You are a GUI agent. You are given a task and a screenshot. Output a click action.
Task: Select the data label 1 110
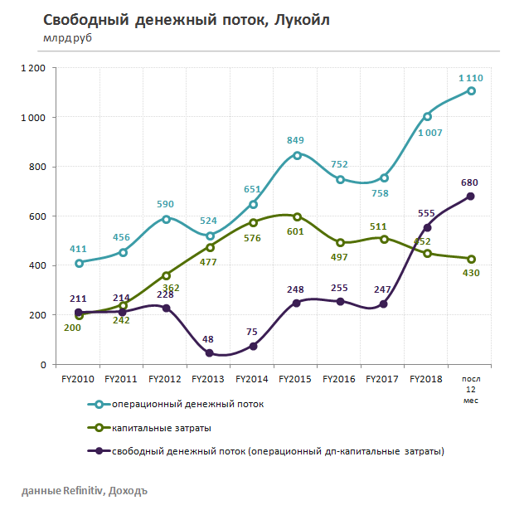click(471, 78)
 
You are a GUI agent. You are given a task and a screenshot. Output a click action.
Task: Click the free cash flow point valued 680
click(471, 197)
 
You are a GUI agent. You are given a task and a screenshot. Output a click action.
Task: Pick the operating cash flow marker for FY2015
click(297, 155)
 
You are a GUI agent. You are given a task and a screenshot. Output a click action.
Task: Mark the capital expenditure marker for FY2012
click(166, 275)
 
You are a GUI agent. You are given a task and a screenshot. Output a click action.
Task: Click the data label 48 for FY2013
click(209, 338)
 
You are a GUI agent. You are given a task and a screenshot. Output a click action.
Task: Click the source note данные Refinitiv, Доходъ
click(84, 491)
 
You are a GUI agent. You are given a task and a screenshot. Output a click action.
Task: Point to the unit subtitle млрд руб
click(67, 38)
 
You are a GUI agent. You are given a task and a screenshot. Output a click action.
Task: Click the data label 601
click(297, 231)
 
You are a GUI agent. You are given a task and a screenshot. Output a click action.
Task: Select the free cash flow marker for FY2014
click(253, 346)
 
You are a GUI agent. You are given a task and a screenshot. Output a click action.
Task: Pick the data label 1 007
click(429, 132)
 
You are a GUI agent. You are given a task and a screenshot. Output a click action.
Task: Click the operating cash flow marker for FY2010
click(79, 263)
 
